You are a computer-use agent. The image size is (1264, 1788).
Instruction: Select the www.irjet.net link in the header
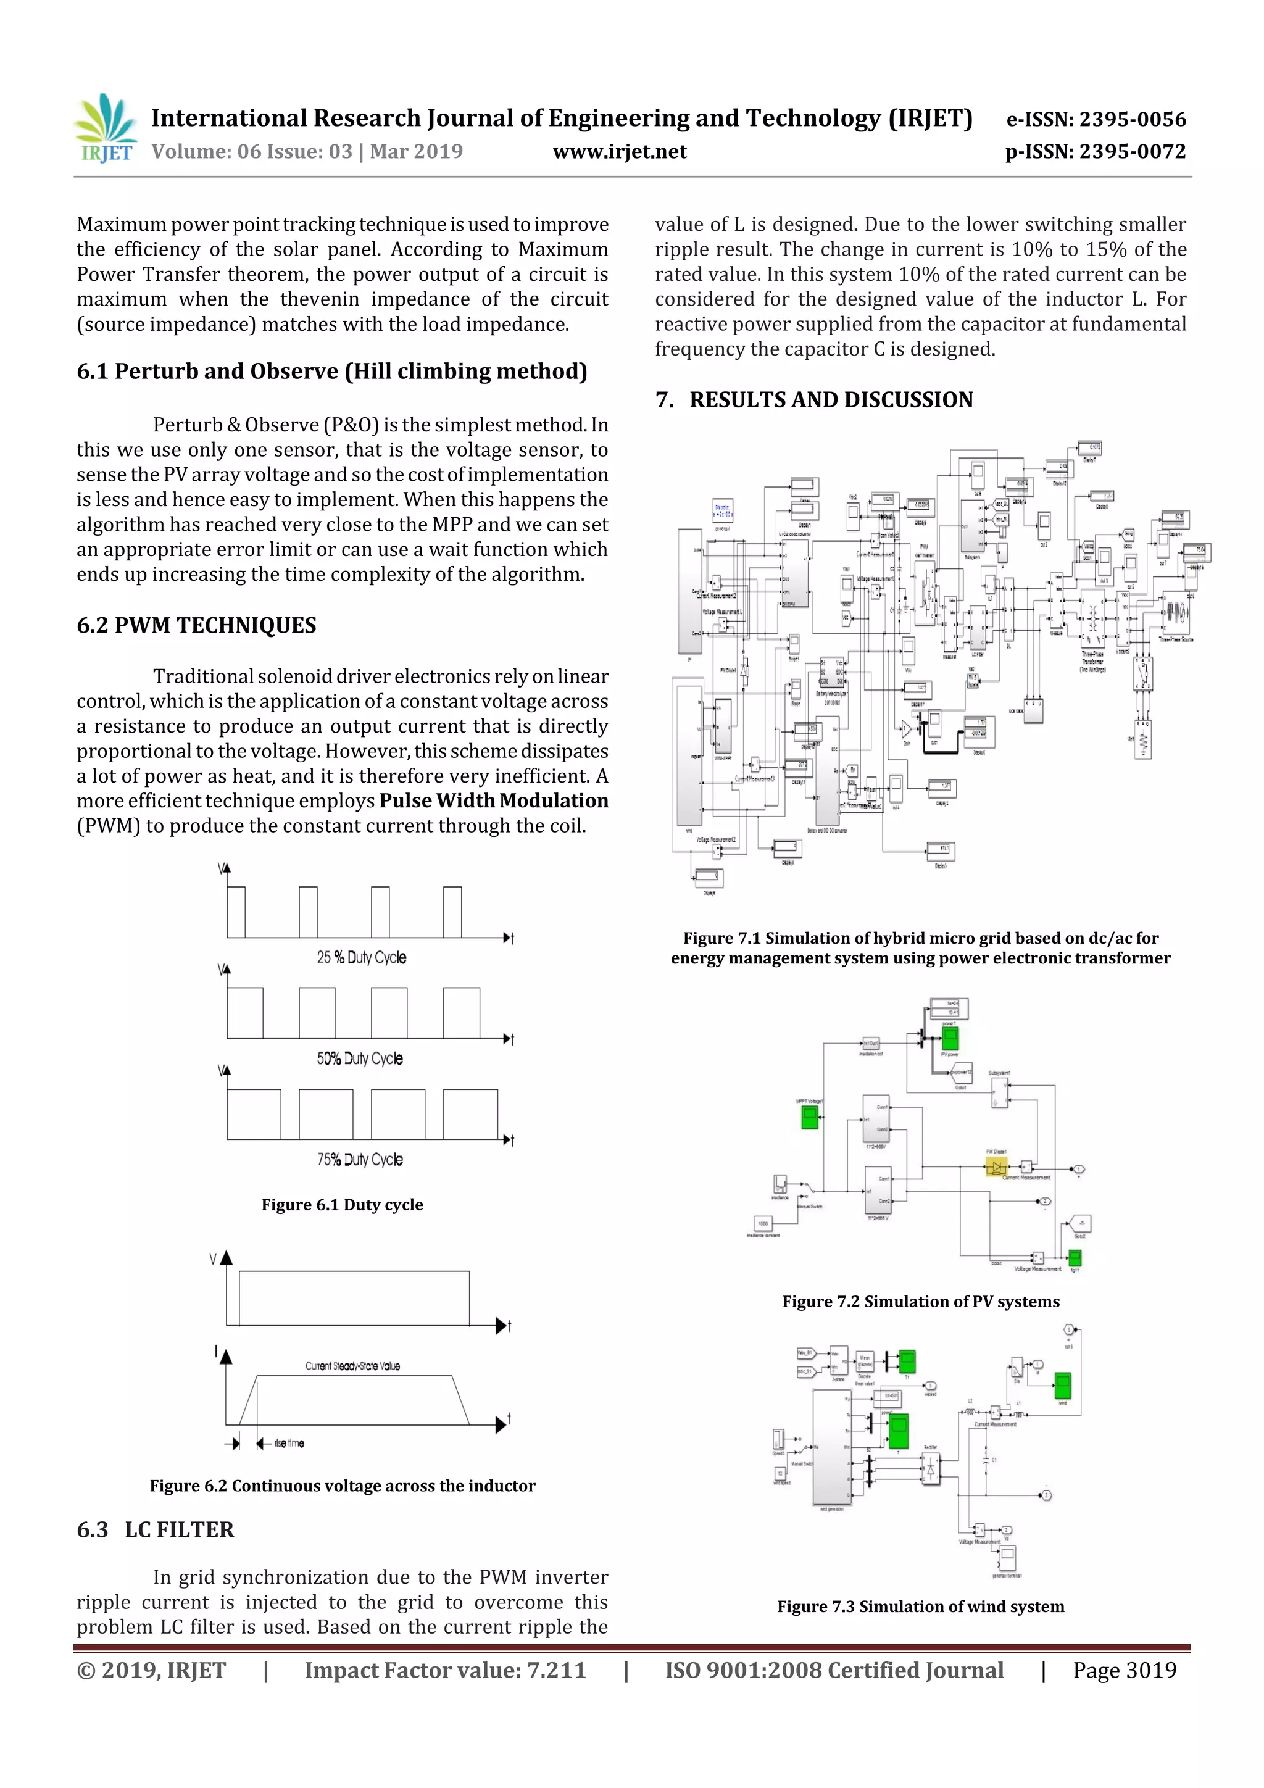point(619,152)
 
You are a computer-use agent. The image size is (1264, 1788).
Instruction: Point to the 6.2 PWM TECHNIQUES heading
point(196,625)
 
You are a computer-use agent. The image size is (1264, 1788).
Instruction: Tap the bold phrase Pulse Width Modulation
point(494,800)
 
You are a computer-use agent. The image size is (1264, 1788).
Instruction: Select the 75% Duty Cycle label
point(360,1160)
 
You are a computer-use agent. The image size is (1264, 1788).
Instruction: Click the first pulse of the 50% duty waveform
point(244,1012)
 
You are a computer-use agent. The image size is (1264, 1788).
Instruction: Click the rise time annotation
point(288,1443)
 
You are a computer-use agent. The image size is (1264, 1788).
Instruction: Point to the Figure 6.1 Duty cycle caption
point(342,1205)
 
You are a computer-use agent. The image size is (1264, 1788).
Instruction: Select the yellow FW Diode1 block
point(996,1166)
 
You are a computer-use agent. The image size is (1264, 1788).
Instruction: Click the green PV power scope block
point(949,1037)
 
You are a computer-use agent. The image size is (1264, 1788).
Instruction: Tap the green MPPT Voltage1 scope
point(810,1118)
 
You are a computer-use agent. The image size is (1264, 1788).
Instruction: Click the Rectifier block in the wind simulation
point(930,1470)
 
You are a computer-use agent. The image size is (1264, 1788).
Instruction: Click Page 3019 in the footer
point(1124,1669)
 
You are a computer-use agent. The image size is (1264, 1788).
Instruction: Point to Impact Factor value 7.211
point(445,1669)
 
